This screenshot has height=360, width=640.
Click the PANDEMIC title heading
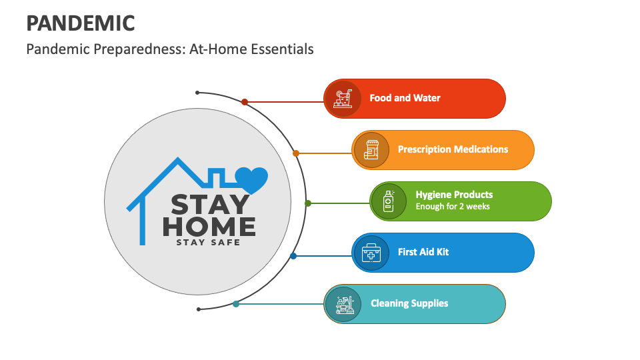tap(81, 23)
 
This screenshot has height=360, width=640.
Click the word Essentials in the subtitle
tap(282, 49)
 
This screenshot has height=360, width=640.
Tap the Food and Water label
tap(405, 98)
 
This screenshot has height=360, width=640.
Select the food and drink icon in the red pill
tap(343, 99)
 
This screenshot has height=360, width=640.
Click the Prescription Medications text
tap(453, 149)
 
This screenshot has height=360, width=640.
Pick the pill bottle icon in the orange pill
tap(371, 150)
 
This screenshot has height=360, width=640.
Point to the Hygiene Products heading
tap(454, 194)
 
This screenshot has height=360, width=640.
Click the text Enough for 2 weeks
tap(453, 207)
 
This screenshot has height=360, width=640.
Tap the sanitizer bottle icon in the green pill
tap(389, 201)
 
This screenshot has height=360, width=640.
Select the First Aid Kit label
tap(423, 252)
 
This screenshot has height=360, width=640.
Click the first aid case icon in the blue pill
tap(371, 253)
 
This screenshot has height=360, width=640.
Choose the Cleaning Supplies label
tap(409, 303)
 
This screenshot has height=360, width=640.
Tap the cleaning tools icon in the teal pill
tap(345, 305)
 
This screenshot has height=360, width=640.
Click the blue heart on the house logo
tap(251, 179)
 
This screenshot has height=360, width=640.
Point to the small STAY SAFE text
tap(208, 243)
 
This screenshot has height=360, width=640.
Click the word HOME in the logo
tap(209, 227)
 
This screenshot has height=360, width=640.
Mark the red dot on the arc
tap(245, 102)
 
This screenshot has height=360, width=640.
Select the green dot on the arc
tap(308, 203)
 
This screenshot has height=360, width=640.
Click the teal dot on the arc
tap(236, 304)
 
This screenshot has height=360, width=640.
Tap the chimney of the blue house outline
tap(216, 176)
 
